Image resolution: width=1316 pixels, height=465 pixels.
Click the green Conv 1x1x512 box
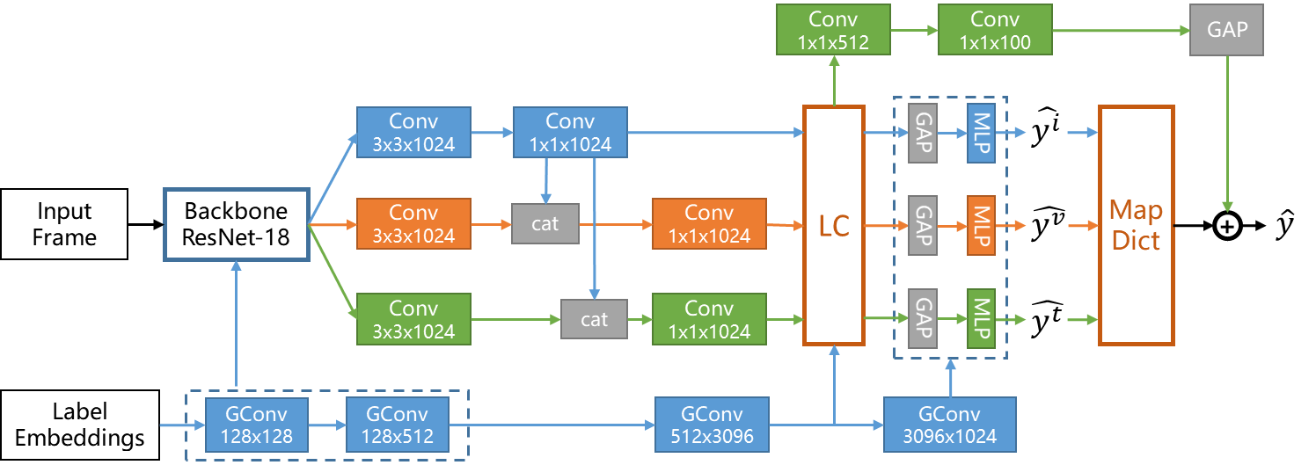[833, 30]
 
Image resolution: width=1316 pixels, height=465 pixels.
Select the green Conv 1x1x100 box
[994, 30]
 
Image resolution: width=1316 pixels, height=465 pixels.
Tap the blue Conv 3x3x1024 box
[413, 133]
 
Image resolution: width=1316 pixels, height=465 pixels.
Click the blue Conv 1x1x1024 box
[570, 133]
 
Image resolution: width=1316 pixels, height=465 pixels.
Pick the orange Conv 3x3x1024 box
[413, 224]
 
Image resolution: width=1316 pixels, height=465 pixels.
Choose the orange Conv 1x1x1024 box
[709, 224]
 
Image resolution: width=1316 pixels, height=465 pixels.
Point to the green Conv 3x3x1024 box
[413, 319]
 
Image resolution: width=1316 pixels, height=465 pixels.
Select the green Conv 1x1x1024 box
[709, 319]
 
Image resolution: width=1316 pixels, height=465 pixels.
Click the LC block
[834, 225]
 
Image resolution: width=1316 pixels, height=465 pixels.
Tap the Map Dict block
[1136, 225]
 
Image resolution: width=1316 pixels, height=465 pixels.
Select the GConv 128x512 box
[398, 425]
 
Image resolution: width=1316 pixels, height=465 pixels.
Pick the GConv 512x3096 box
[712, 425]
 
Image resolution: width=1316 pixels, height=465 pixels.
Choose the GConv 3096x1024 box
[950, 425]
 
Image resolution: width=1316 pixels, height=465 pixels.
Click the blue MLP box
[981, 133]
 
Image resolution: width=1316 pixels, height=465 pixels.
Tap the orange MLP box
[981, 225]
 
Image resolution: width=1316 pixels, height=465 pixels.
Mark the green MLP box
[981, 317]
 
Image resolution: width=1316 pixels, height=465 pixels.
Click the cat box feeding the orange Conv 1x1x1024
[545, 224]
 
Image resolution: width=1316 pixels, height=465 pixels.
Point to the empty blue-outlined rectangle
[237, 224]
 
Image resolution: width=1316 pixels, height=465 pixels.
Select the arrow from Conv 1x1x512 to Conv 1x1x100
[915, 30]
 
